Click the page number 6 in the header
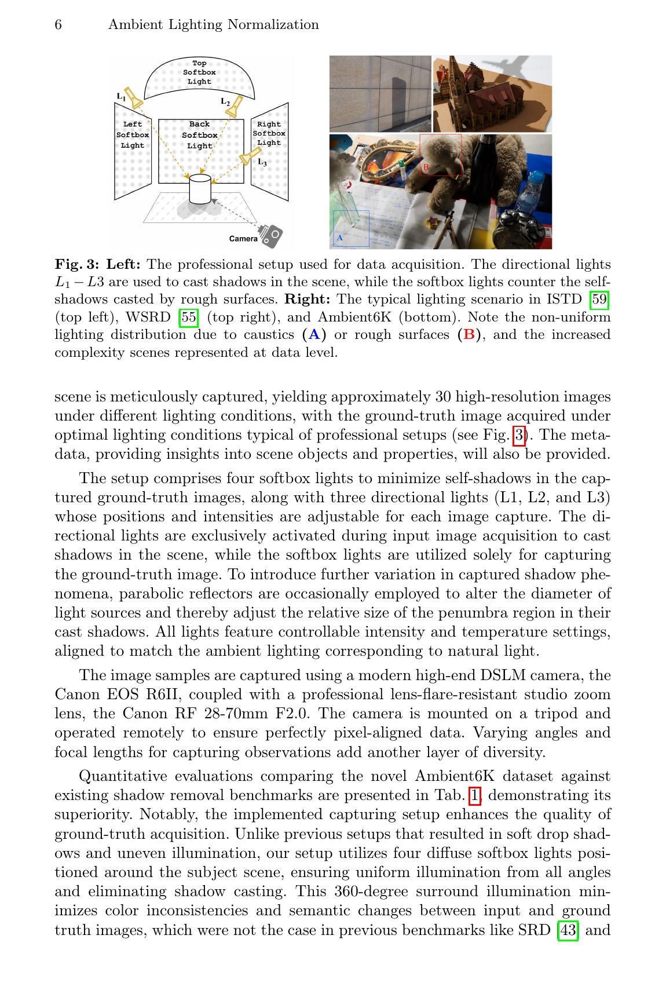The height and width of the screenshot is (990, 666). click(58, 25)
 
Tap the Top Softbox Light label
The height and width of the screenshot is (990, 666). click(199, 72)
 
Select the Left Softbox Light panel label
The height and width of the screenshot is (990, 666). click(133, 135)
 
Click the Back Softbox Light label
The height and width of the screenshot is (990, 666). click(199, 135)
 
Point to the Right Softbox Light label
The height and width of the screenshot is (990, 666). click(269, 133)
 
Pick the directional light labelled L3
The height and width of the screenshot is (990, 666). click(250, 156)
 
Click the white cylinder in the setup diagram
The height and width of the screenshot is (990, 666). click(200, 189)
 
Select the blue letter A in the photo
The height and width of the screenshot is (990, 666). click(340, 238)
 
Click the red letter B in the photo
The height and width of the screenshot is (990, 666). click(426, 167)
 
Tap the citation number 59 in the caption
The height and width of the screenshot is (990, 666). click(599, 299)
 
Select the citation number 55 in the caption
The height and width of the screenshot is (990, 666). click(189, 317)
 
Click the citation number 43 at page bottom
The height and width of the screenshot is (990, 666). click(567, 930)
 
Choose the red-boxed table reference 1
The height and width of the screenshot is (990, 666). click(475, 795)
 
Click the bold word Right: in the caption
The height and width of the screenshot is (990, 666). click(308, 299)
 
